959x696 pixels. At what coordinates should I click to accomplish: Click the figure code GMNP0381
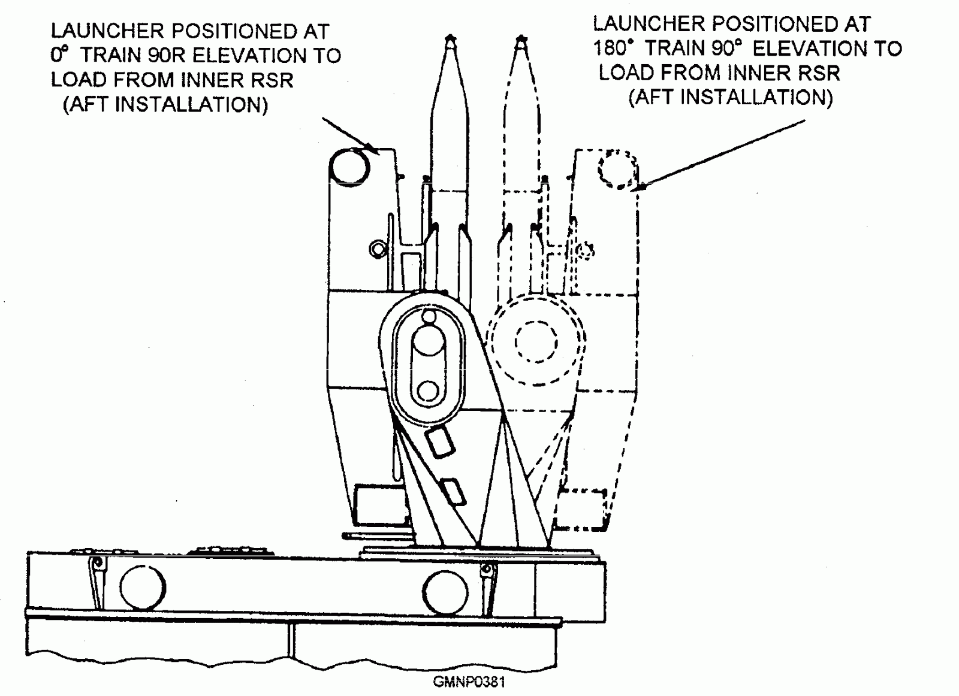click(469, 682)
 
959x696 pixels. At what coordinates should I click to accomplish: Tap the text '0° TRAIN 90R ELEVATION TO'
click(195, 55)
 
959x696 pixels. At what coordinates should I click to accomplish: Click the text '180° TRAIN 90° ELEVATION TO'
click(747, 49)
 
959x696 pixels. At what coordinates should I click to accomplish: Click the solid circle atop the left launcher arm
click(351, 165)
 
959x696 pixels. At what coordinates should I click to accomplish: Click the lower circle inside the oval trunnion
click(428, 391)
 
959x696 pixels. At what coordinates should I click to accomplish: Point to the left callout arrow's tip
click(375, 150)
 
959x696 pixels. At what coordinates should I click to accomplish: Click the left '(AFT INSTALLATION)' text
click(165, 105)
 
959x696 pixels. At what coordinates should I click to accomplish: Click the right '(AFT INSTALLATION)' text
click(731, 96)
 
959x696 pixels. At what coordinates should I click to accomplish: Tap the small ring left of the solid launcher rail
click(377, 247)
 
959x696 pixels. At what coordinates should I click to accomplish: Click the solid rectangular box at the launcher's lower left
click(375, 504)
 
